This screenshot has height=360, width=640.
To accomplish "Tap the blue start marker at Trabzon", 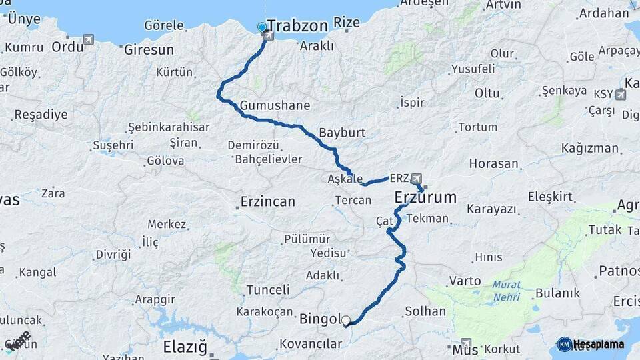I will (x=262, y=28).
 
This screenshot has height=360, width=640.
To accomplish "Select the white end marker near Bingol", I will (x=345, y=321).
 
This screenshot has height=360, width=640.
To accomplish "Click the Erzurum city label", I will (x=425, y=197).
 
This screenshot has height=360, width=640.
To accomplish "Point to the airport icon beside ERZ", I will (x=417, y=179).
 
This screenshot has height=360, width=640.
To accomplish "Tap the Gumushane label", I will (x=275, y=105).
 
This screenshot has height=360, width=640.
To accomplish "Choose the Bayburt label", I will (x=342, y=132).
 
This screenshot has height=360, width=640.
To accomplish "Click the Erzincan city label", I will (x=267, y=201).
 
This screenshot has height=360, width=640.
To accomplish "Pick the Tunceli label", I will (x=268, y=290).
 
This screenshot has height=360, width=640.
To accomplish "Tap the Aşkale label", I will (x=345, y=179).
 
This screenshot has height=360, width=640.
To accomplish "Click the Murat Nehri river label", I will (x=507, y=291).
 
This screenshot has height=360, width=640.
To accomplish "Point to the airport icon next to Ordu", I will (x=89, y=40).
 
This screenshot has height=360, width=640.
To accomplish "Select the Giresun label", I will (x=148, y=50).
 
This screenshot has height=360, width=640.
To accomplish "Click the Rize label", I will (x=346, y=23).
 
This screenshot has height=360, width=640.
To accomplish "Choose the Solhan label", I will (x=425, y=311).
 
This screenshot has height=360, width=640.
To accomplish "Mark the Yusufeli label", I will (x=473, y=69).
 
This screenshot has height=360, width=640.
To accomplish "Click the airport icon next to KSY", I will (x=621, y=95).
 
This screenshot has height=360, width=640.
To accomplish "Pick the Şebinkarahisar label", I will (x=169, y=127).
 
